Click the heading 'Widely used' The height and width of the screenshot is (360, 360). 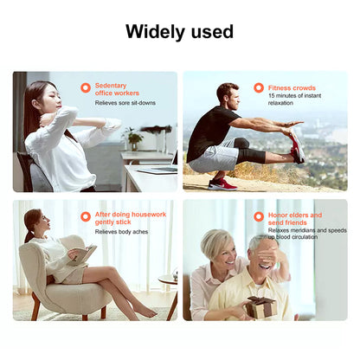point(179,32)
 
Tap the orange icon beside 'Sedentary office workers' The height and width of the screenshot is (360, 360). point(85,87)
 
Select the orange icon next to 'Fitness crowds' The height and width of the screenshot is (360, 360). point(259,87)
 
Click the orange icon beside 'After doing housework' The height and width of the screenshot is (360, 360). point(85,216)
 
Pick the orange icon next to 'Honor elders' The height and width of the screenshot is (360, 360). point(259,216)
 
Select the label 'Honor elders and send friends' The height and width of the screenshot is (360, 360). point(294,219)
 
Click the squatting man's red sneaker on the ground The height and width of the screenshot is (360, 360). point(222,183)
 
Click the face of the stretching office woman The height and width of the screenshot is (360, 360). point(45,101)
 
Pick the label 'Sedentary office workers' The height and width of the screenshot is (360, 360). point(117,89)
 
